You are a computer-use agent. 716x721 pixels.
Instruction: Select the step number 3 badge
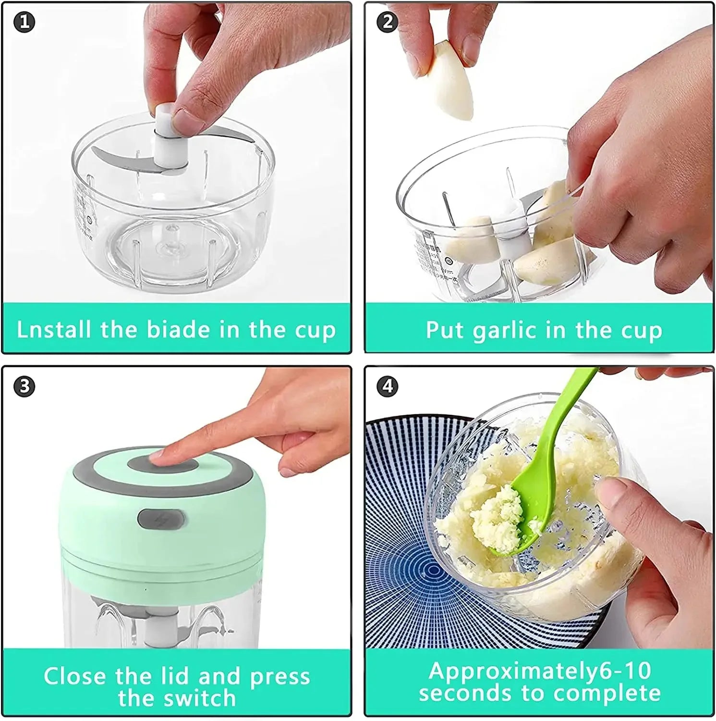24,386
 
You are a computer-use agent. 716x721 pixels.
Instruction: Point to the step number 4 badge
388,386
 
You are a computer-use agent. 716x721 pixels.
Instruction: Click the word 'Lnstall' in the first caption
53,330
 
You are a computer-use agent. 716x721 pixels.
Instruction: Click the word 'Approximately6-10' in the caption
540,671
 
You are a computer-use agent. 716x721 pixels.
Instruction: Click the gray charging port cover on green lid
161,519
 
